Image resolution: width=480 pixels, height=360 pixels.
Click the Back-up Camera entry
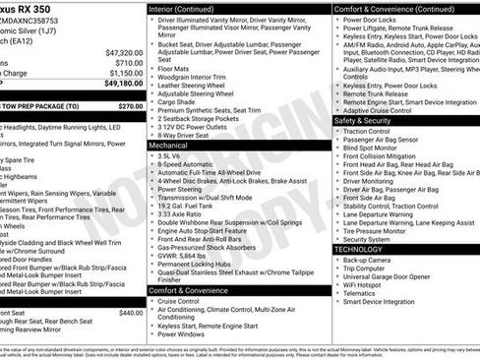click(367, 260)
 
